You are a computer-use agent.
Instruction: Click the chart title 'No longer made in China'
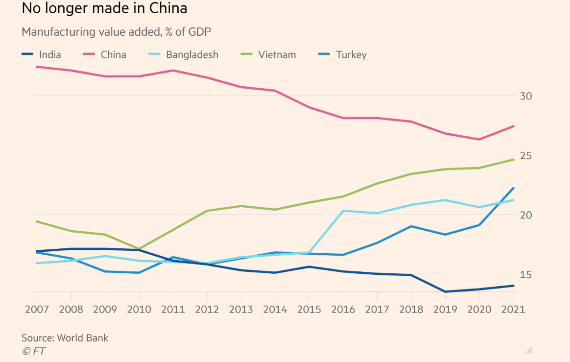pos(104,9)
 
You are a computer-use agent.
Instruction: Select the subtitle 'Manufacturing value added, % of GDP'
pos(116,32)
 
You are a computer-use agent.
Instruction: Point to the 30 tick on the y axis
pos(525,96)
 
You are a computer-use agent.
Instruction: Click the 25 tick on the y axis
pos(525,156)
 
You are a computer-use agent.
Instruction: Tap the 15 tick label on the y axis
pos(525,275)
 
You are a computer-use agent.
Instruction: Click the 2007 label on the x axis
pos(37,310)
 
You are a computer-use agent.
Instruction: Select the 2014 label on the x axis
pos(275,310)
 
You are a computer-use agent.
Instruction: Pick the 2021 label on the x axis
pos(512,310)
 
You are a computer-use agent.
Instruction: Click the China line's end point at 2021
pos(514,126)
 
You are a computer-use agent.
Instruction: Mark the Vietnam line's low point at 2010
pos(139,249)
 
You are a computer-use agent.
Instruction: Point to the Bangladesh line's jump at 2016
pos(343,211)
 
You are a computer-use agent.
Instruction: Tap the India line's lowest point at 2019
pos(445,292)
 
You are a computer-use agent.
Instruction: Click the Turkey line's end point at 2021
pos(514,188)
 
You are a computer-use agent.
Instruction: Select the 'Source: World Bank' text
pos(65,338)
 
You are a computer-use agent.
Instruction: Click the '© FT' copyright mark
pos(33,351)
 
